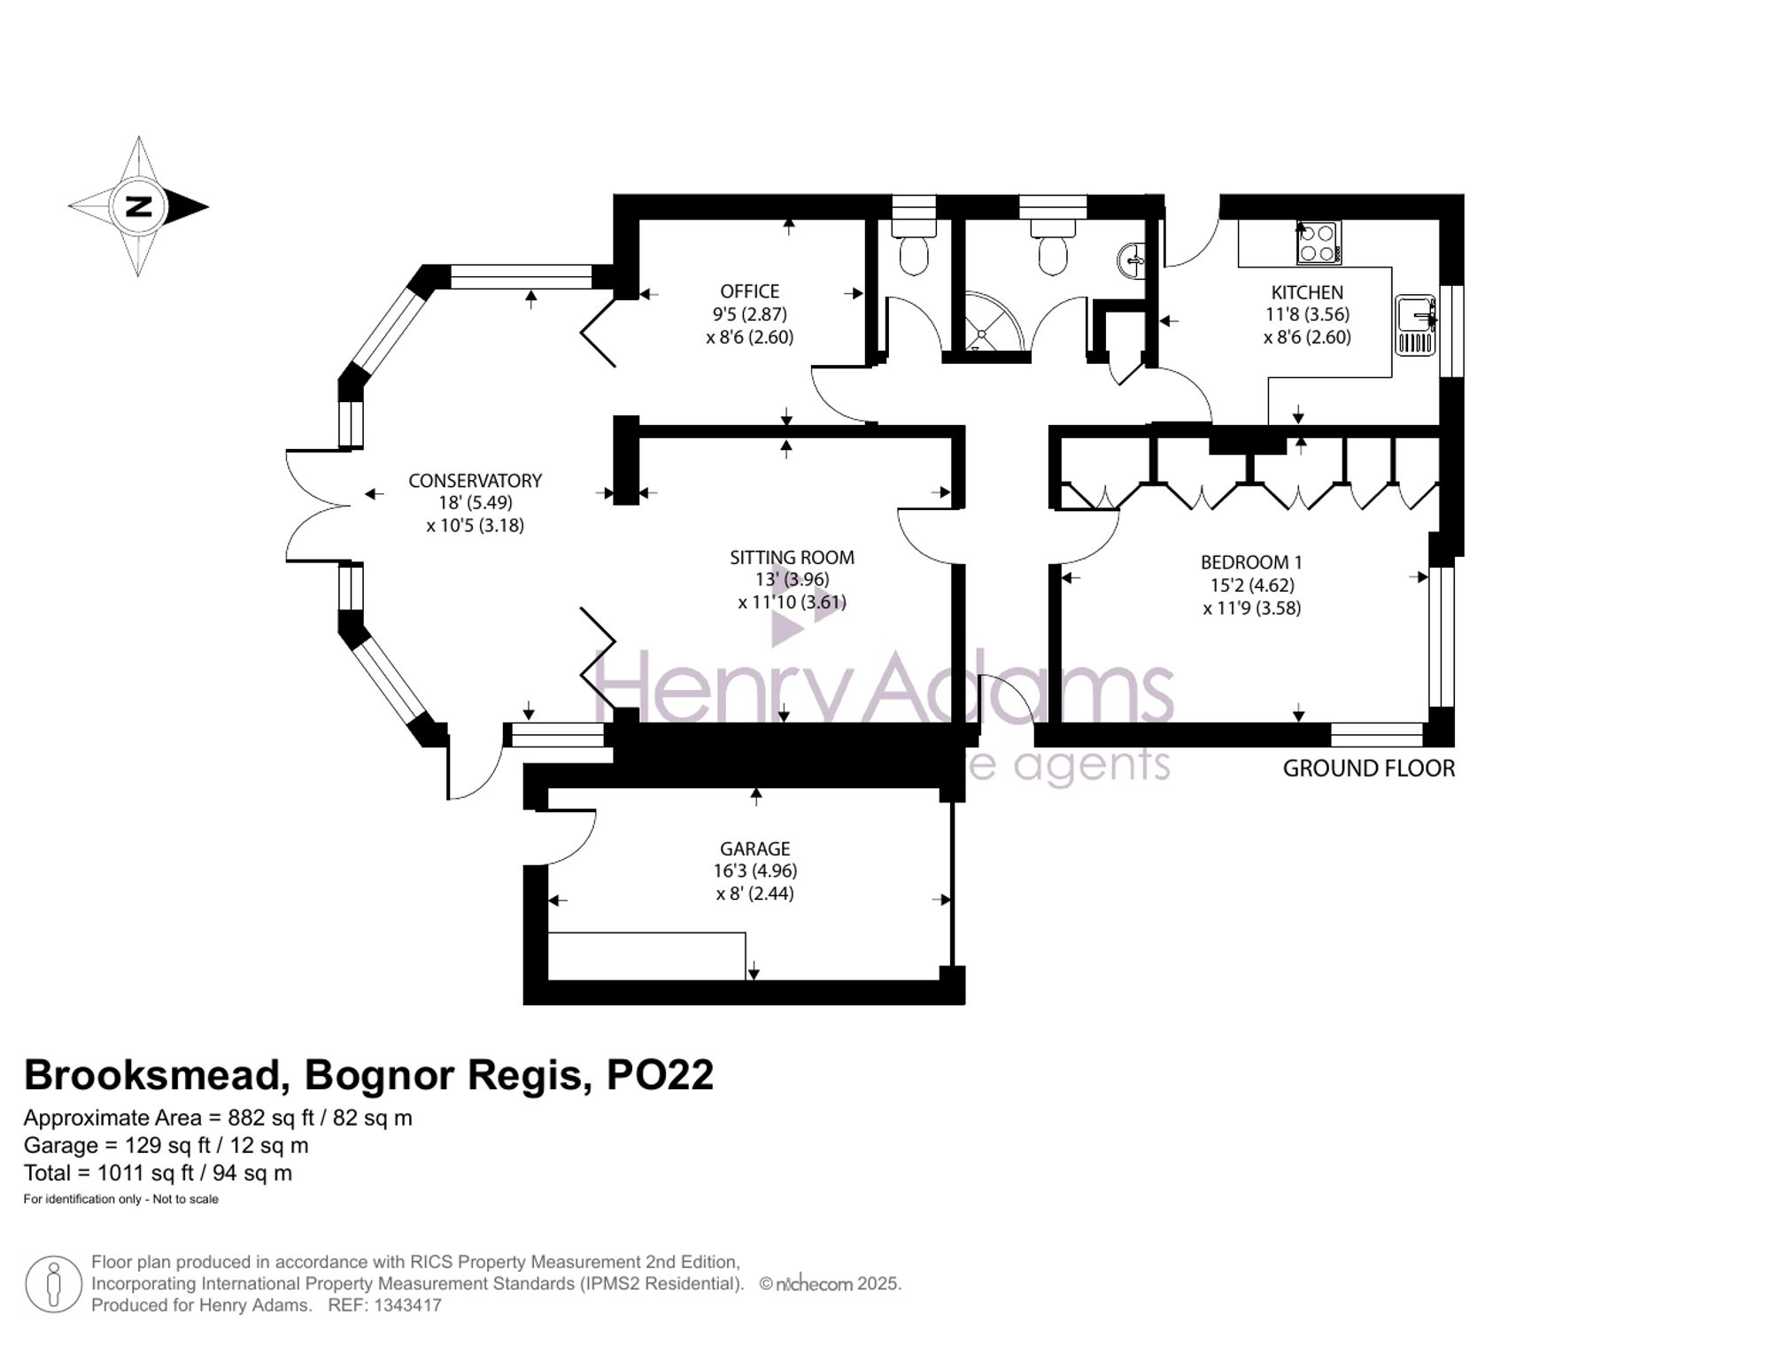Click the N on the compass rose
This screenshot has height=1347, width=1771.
pos(139,207)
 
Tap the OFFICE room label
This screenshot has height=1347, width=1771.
pos(750,291)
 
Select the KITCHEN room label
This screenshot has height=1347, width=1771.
pos(1307,292)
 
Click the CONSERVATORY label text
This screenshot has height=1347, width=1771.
pos(475,481)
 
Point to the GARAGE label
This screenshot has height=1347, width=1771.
pos(755,848)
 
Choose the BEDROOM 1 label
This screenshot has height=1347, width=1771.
pos(1251,562)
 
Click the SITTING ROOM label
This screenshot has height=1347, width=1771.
pos(792,558)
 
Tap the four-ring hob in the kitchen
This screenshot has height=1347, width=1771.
pos(1319,243)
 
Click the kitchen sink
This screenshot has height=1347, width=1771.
pos(1415,325)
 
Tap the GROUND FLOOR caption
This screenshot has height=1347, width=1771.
pos(1369,769)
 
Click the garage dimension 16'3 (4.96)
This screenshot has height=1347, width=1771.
pos(755,871)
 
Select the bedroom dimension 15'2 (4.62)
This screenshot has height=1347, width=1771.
pos(1252,585)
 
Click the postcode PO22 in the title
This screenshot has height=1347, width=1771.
pos(660,1075)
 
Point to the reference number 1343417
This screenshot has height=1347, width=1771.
pos(407,1305)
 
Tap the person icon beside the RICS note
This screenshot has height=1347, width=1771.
pos(54,1284)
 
